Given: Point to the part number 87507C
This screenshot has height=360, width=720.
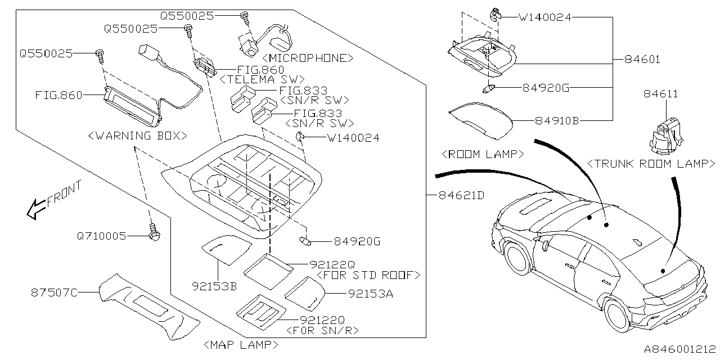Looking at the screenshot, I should pyautogui.click(x=53, y=292).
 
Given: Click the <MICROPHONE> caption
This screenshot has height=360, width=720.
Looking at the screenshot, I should pyautogui.click(x=308, y=58).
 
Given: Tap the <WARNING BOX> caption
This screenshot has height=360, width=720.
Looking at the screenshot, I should pyautogui.click(x=137, y=136).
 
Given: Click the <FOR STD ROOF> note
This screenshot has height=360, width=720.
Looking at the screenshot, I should pyautogui.click(x=368, y=275).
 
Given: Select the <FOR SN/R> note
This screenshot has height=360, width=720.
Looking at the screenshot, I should pyautogui.click(x=322, y=330).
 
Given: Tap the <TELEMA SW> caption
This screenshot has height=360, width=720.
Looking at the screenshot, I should pyautogui.click(x=262, y=79).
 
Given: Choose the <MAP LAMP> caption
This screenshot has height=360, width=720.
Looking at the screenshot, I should pyautogui.click(x=241, y=344).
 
